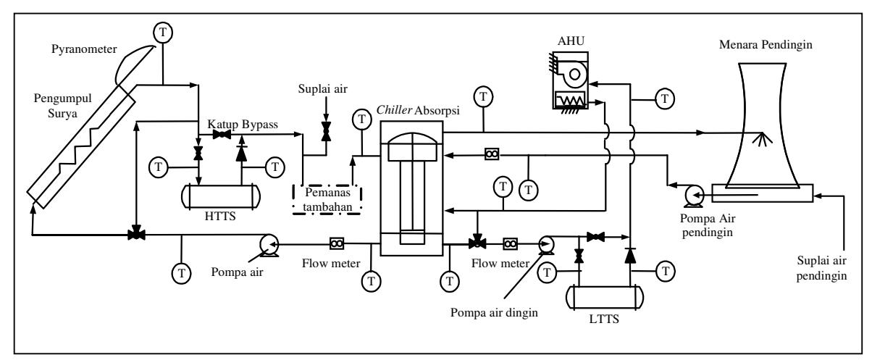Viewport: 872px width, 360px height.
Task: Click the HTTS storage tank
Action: click(x=221, y=196)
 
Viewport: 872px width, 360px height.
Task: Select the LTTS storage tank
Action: click(x=605, y=298)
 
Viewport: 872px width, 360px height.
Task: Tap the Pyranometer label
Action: click(x=84, y=49)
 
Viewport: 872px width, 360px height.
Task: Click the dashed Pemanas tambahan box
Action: click(x=327, y=200)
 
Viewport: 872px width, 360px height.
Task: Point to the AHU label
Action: click(x=571, y=41)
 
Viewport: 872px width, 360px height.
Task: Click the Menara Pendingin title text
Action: click(x=766, y=45)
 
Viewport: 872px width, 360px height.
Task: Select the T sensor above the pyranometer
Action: click(x=163, y=33)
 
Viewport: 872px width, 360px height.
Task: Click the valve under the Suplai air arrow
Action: click(x=326, y=131)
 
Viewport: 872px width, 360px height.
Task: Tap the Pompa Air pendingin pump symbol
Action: click(x=693, y=196)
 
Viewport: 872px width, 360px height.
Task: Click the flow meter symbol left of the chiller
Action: click(x=337, y=244)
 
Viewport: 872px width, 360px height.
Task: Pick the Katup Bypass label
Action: click(x=243, y=125)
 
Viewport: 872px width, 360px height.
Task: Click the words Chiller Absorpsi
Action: click(x=418, y=111)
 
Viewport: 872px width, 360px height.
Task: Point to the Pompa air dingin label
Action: click(x=494, y=312)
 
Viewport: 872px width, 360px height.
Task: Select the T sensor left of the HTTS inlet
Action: click(x=159, y=167)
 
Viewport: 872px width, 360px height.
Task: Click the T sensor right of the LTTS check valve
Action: click(x=666, y=271)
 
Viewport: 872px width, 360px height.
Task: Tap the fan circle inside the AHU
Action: click(x=574, y=75)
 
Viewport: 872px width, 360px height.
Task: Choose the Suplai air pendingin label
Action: click(x=821, y=268)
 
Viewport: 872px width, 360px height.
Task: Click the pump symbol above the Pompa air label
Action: click(x=269, y=245)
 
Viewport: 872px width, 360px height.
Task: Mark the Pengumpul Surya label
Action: click(x=63, y=106)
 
